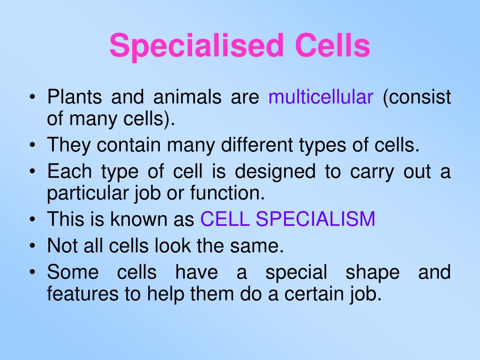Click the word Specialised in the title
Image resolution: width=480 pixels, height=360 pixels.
click(197, 46)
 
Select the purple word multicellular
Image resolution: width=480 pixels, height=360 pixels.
click(321, 98)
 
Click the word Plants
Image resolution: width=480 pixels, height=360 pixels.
click(74, 98)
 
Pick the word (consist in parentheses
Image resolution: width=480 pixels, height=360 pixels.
click(417, 98)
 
